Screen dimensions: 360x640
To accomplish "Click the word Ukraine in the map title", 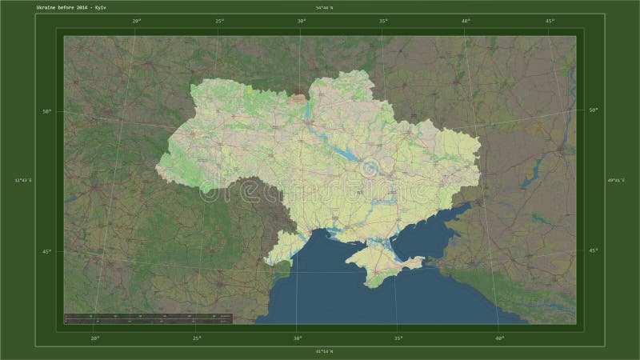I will coord(46,7).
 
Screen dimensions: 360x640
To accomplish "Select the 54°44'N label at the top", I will coord(323,7).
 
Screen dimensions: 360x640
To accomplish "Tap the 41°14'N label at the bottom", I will coord(323,351).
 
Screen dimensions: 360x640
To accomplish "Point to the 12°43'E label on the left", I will coord(22,180).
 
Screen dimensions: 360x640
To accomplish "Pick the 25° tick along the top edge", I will coord(219,21).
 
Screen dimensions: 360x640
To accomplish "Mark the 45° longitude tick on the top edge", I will coord(549,21).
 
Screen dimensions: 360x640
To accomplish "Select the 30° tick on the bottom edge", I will coord(298,338).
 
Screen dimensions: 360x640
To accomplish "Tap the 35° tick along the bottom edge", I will coord(398,338).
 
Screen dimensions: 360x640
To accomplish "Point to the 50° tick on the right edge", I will coord(593,110).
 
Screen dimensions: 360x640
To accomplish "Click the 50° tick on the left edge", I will coord(47,110).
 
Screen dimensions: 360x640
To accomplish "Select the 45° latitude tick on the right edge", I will coord(593,251).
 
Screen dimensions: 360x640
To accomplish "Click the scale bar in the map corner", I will coord(148,318).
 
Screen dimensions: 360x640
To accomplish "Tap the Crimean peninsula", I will coord(384,264).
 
